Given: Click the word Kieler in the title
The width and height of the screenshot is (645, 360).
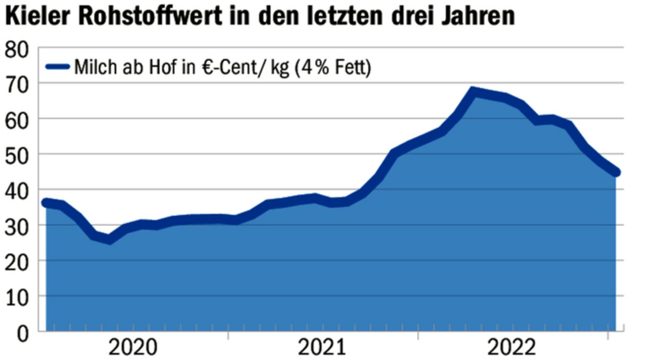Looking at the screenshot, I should pos(37,17).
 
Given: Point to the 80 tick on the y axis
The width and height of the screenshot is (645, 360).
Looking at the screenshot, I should pos(17,49).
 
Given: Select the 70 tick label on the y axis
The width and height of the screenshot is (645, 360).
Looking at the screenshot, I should pos(17,85).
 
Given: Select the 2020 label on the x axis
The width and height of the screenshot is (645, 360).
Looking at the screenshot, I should pos(132,348).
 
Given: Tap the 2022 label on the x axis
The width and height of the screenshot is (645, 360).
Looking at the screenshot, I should pos(513,348).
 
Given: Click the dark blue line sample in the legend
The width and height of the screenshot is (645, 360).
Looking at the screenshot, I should pos(58,68).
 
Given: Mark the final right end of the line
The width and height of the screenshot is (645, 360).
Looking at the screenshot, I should pos(616,172).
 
